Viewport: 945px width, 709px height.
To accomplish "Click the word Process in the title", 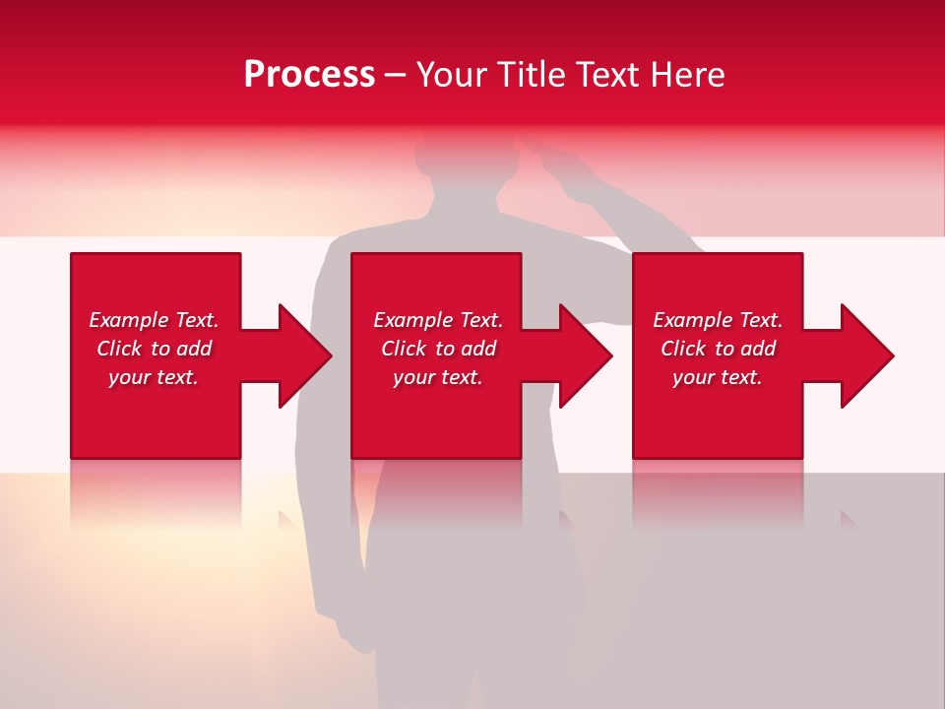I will pos(309,75).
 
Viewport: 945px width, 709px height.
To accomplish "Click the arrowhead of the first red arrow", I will pos(306,355).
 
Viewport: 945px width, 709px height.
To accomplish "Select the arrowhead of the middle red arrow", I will pos(587,355).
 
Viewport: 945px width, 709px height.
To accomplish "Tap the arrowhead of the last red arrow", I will pos(867,355).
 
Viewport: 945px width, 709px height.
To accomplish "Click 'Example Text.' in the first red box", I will pos(154,320).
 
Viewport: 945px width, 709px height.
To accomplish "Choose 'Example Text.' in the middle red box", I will pos(438,320).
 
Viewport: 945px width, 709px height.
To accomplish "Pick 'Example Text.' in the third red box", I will pos(718,320).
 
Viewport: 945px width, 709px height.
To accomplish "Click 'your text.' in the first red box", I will pos(154,377).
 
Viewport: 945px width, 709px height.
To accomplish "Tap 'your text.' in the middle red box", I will pos(438,377).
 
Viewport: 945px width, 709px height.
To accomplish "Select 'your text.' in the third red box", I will pos(718,377).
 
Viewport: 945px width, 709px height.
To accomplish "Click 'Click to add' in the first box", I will pos(154,349).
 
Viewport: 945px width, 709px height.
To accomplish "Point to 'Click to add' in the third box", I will pos(718,349).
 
